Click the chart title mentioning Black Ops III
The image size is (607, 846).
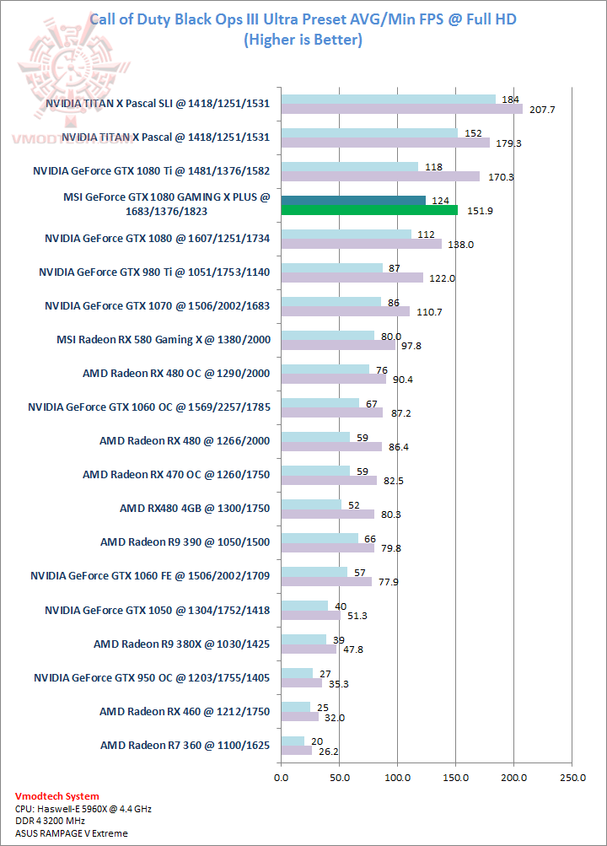[303, 18]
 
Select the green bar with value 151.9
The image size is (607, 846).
[369, 210]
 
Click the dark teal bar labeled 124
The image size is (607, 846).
[353, 200]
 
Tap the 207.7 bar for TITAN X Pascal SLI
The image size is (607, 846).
[401, 109]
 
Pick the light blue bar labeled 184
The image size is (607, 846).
[389, 99]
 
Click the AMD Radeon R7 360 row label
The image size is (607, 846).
[185, 745]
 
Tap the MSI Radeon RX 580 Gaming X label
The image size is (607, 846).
[162, 340]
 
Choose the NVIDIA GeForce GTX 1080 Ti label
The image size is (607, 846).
[151, 170]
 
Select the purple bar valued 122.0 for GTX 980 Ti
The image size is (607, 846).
[352, 278]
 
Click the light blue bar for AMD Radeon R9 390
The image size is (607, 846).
[320, 537]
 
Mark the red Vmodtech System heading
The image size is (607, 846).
[57, 796]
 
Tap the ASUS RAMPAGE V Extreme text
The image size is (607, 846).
[72, 833]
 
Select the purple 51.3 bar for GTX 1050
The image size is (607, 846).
[311, 615]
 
